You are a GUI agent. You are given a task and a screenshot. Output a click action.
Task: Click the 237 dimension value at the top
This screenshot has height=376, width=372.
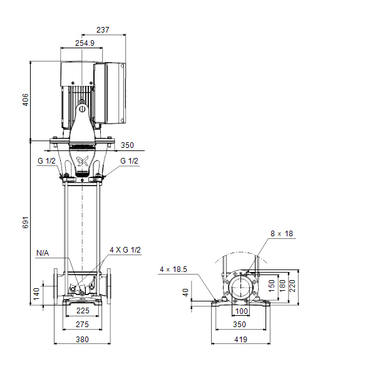click(103, 30)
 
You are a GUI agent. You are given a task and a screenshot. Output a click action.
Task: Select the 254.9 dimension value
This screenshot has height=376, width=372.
click(85, 43)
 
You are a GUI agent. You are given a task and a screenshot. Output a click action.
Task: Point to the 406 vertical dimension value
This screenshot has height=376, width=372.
click(26, 100)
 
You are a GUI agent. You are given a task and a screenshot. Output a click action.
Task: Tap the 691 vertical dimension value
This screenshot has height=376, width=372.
click(26, 222)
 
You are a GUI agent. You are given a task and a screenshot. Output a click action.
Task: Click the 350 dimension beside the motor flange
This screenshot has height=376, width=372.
click(127, 145)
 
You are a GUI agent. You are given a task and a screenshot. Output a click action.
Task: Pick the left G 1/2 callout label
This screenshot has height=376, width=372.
click(46, 161)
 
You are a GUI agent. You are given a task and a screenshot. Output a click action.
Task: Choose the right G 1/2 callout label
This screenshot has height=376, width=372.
click(129, 161)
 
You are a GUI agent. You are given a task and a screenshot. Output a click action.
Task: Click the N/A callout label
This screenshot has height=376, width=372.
click(43, 253)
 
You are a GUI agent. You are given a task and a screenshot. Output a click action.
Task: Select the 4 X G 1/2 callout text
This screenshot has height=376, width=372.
click(125, 250)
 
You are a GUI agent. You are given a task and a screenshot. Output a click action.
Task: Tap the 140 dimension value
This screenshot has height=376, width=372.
click(36, 294)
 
